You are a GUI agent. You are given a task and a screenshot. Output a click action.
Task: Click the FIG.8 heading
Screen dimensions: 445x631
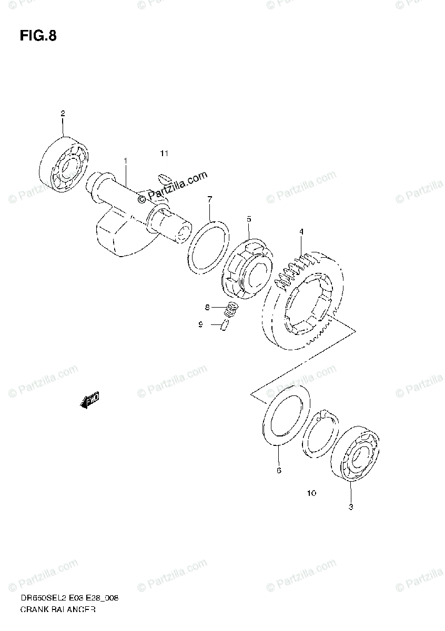click(38, 36)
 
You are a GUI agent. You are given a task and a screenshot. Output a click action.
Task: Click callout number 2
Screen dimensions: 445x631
click(63, 113)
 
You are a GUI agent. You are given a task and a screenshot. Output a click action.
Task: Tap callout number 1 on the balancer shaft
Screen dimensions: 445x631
click(125, 160)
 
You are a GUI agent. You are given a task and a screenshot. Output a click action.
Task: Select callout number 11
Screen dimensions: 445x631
click(164, 154)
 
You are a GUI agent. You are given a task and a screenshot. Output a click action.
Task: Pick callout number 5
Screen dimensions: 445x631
click(249, 218)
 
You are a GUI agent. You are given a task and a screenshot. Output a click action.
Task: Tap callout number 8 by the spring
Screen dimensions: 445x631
click(208, 307)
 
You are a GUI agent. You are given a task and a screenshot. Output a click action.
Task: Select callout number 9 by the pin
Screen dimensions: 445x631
click(200, 325)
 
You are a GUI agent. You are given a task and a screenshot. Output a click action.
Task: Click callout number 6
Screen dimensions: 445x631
click(279, 470)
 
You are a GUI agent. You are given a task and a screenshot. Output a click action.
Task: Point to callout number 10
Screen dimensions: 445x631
click(311, 493)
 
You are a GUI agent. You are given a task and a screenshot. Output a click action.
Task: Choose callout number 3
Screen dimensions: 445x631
click(351, 507)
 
